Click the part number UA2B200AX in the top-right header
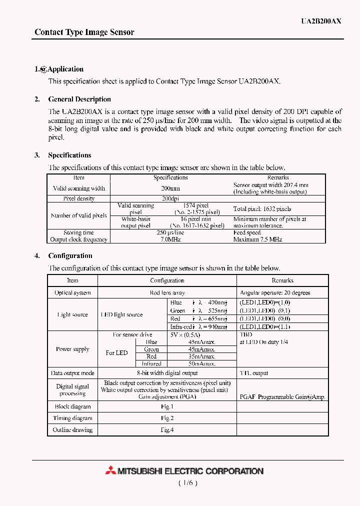(x=321, y=21)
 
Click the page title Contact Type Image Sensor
(x=84, y=32)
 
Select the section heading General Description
(x=79, y=99)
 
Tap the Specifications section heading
(x=69, y=155)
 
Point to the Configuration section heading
(x=70, y=255)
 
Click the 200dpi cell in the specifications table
(x=170, y=198)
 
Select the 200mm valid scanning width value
(x=170, y=188)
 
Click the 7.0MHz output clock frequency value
(x=170, y=239)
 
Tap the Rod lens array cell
(x=167, y=292)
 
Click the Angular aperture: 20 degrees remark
(x=275, y=292)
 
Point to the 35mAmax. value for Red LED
(x=202, y=356)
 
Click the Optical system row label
(x=72, y=292)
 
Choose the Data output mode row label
(x=72, y=373)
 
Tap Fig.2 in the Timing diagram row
(x=167, y=418)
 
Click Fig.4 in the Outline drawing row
(x=167, y=429)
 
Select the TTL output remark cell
(x=254, y=373)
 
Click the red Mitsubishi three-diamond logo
(x=110, y=470)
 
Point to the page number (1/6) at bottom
(x=188, y=483)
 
